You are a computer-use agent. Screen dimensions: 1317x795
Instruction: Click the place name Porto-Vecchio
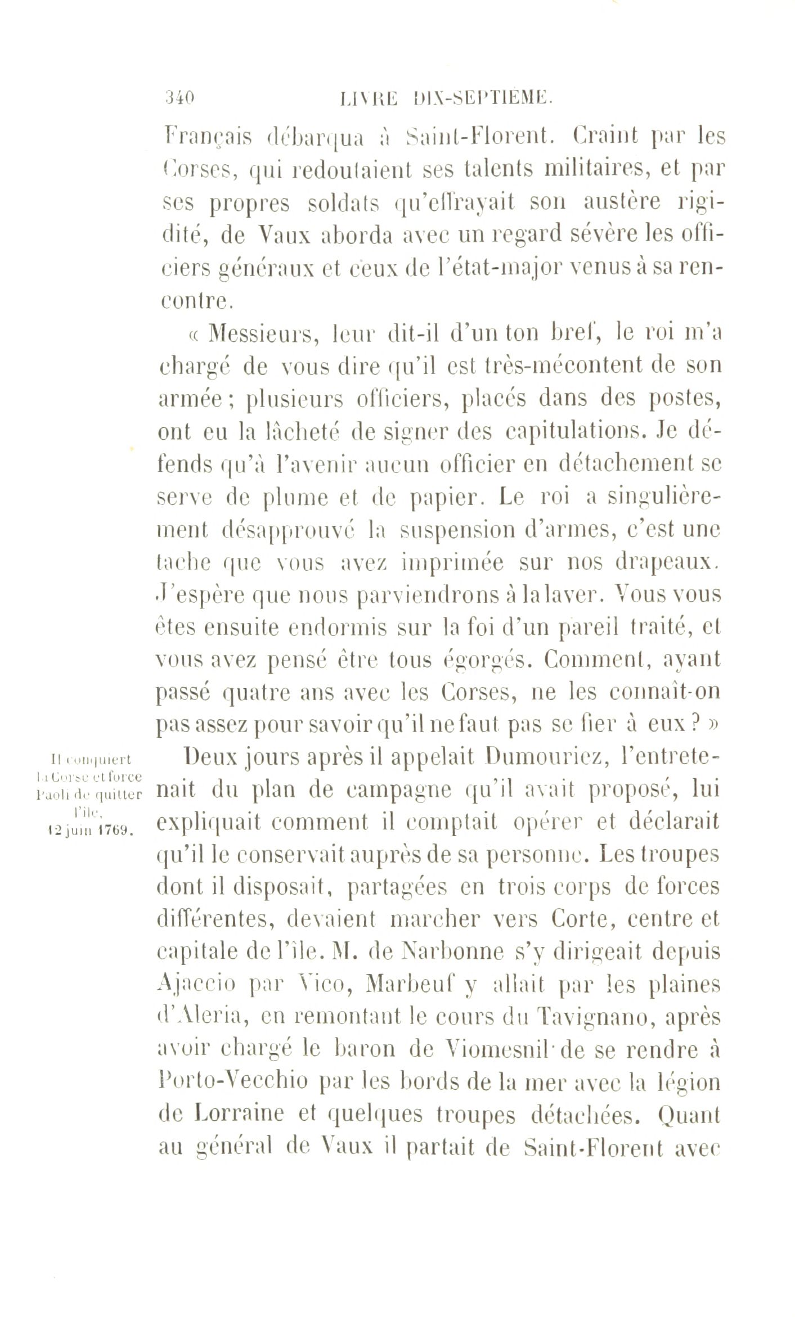tap(233, 1082)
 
